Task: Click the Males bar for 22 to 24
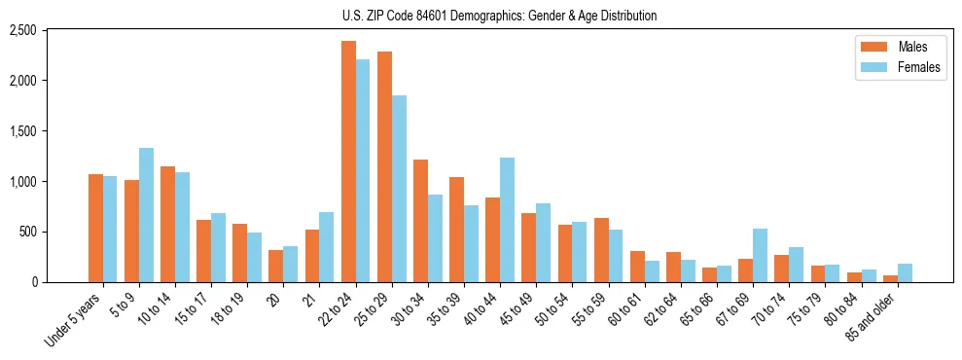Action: [x=348, y=162]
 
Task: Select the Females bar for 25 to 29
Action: [x=399, y=189]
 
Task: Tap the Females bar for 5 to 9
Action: [x=146, y=215]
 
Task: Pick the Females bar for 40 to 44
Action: [x=507, y=220]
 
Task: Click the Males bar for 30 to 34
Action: [x=420, y=221]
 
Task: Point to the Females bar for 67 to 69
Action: [x=760, y=255]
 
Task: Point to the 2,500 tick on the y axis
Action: [x=22, y=30]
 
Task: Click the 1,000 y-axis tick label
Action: [x=22, y=181]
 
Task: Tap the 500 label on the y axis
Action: [x=28, y=232]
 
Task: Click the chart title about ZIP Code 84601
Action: [x=499, y=16]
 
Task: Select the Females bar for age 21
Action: [x=327, y=247]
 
